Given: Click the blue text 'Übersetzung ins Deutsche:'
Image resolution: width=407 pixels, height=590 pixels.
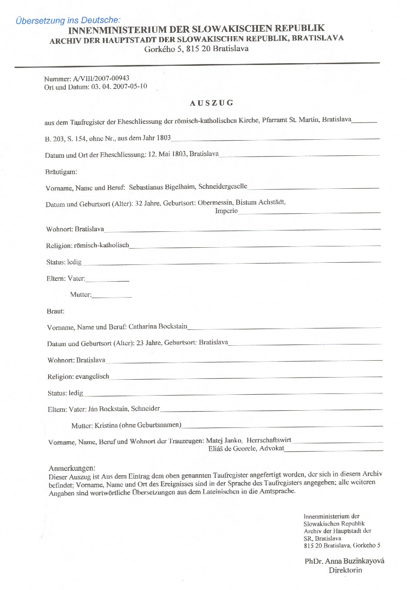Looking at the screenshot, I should coord(68,20).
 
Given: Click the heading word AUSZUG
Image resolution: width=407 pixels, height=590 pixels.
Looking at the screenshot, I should coord(212,103).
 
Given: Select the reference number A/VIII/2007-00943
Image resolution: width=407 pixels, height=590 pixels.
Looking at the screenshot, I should coord(101,79).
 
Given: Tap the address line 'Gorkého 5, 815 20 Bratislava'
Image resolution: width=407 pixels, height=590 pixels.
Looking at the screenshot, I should coord(196,49).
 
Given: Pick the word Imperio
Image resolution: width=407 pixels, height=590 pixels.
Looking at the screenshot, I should coord(226,211).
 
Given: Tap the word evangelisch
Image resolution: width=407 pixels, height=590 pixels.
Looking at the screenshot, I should coord(92,376).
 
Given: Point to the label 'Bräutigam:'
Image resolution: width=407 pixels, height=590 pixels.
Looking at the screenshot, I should coord(61,172).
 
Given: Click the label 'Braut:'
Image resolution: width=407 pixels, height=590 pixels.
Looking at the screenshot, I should coord(55,311).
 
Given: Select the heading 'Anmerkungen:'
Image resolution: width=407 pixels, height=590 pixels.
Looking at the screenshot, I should coord(72,468).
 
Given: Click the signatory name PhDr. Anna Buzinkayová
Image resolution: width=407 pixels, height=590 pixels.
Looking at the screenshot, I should coord(344,561).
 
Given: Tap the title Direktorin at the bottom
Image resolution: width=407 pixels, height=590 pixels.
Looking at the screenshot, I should coord(345,570).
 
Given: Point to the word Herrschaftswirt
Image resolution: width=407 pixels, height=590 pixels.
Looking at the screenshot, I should coord(269,440).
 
